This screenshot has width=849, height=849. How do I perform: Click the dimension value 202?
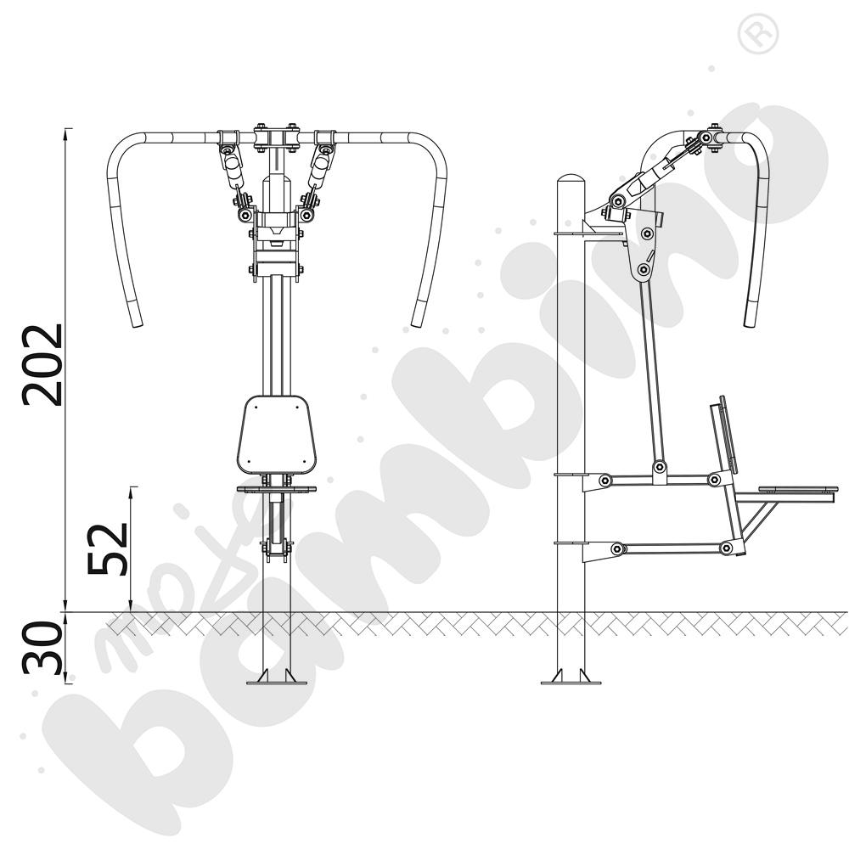tap(42, 364)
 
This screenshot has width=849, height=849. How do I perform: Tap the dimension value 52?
tap(108, 548)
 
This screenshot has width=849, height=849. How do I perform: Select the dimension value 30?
tap(42, 648)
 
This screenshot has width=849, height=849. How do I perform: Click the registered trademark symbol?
tap(757, 34)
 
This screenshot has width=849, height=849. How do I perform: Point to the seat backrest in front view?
tap(276, 434)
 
